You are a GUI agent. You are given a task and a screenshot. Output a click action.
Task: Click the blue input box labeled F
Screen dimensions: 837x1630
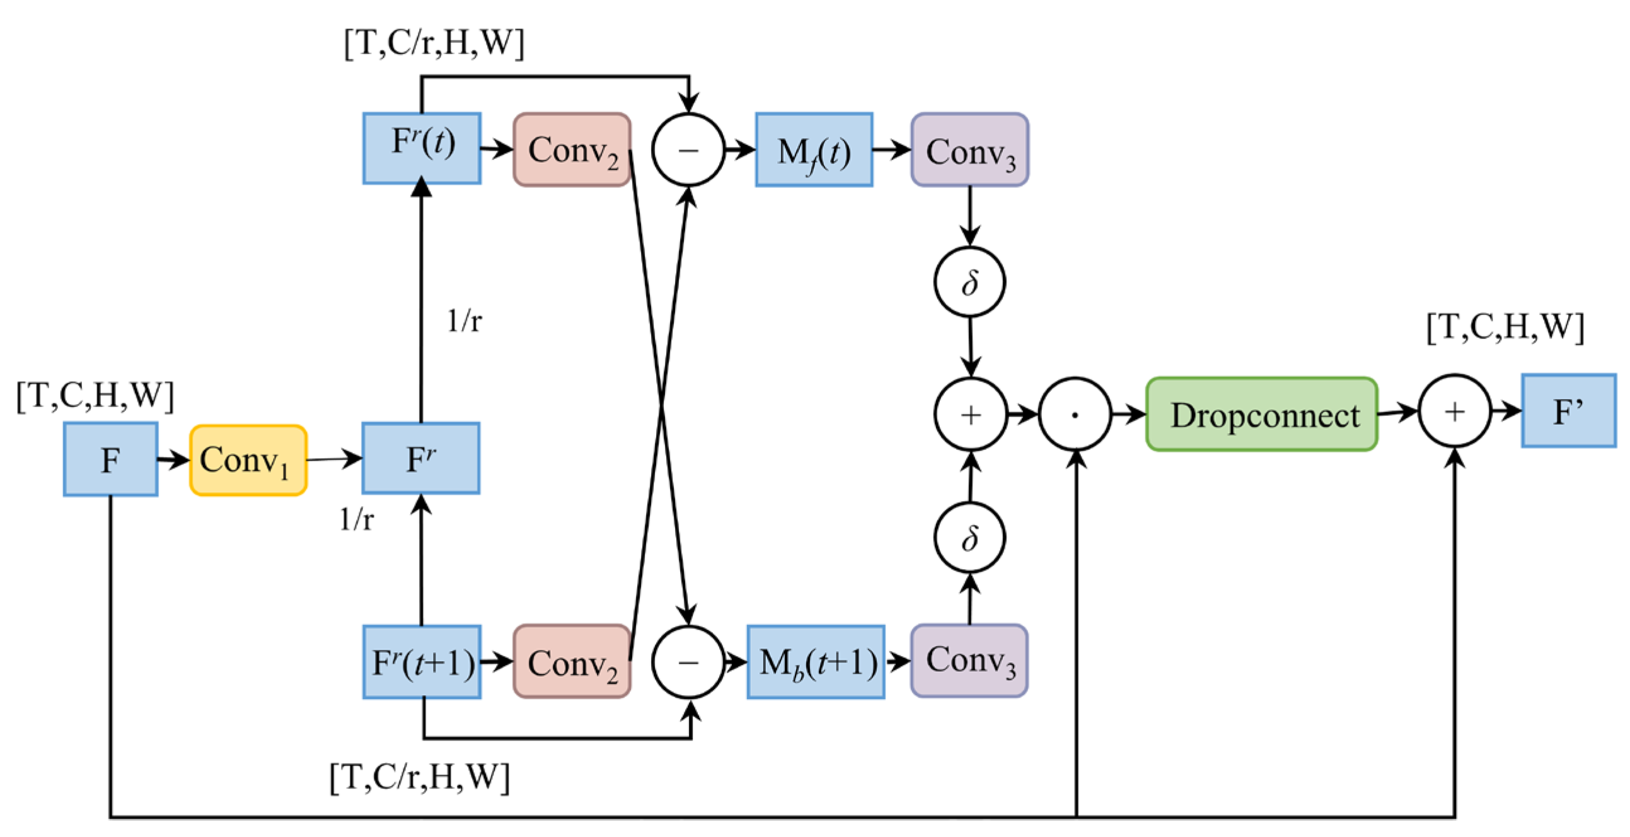[x=110, y=459]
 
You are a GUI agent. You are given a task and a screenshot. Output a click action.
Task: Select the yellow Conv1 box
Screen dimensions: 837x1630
[x=248, y=460]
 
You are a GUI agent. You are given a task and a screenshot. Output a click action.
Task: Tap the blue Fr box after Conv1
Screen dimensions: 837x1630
[x=421, y=458]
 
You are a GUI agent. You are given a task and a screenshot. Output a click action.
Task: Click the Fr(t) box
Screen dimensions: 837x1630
[x=422, y=148]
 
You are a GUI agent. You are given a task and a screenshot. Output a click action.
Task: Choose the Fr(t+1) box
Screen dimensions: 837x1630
[x=422, y=662]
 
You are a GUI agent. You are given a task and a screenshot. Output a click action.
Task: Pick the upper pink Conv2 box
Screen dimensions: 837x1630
[x=572, y=150]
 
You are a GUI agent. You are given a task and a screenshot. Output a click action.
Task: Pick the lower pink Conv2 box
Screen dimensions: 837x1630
[x=572, y=662]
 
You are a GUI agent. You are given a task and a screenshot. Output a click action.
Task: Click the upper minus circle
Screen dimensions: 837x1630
[x=688, y=150]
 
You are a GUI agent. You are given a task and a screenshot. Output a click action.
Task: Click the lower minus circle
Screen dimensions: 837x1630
[x=688, y=662]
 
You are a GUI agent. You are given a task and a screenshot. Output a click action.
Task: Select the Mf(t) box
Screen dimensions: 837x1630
[x=814, y=150]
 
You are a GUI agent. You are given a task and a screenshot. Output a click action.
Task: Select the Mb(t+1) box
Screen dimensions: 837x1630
[x=816, y=662]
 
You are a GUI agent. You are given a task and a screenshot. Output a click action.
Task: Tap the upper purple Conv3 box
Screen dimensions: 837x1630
[x=969, y=150]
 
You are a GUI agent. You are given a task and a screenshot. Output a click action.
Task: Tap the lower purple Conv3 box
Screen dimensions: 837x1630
[x=969, y=661]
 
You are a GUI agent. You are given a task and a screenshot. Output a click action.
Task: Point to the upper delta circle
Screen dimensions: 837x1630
[x=969, y=282]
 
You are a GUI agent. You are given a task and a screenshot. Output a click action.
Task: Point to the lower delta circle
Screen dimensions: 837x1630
[x=969, y=537]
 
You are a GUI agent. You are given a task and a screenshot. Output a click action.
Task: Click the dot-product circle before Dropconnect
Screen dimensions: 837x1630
[x=1075, y=414]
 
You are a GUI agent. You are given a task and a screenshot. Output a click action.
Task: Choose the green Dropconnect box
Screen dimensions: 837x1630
[x=1262, y=414]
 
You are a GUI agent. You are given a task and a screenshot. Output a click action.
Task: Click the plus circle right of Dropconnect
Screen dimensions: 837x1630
[x=1455, y=411]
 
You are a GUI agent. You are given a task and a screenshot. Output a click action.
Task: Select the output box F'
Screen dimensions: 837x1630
[x=1569, y=410]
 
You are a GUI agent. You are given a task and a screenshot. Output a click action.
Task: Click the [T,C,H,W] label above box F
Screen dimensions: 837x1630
[x=95, y=395]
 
